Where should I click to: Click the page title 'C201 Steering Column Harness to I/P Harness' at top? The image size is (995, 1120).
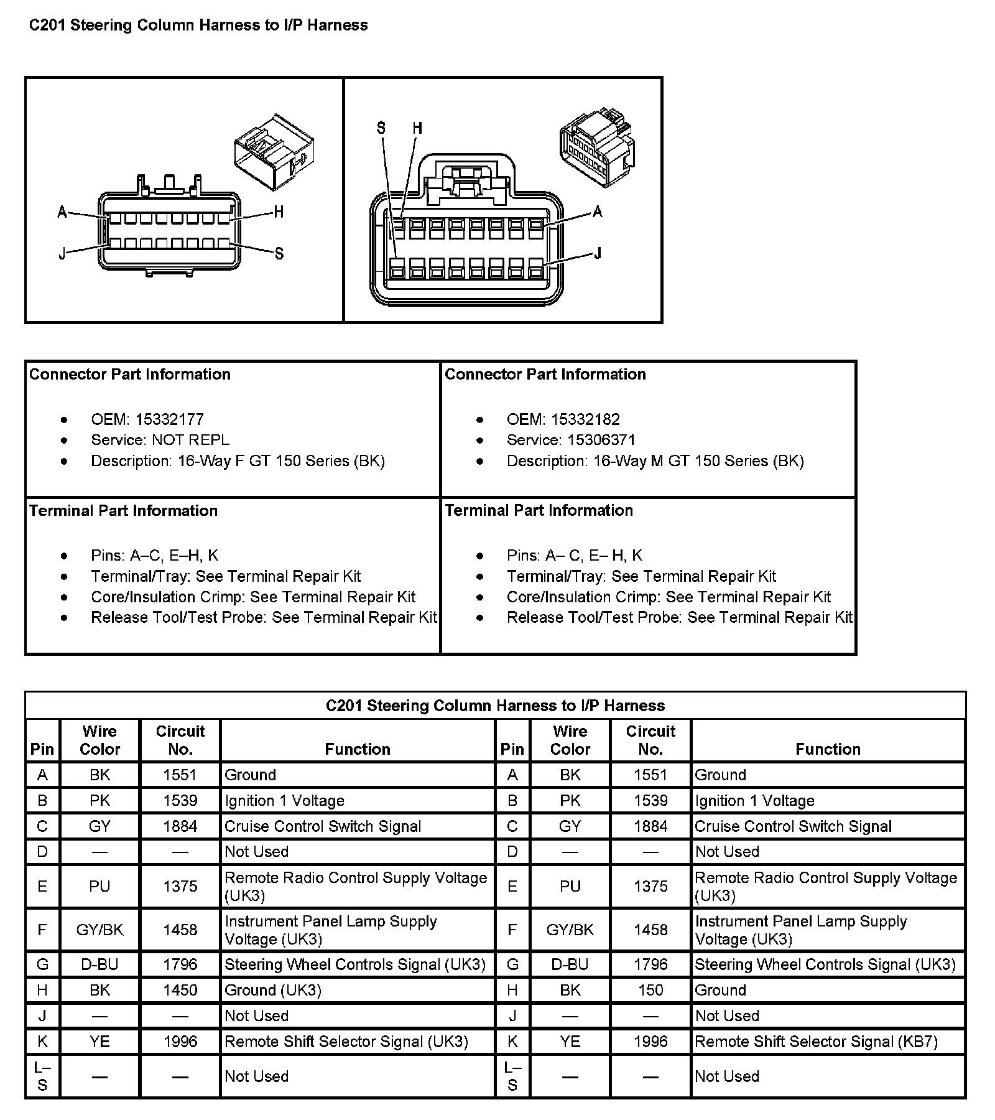point(198,26)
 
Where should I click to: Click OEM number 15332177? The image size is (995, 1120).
point(169,419)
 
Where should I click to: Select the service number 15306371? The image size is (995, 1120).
point(601,440)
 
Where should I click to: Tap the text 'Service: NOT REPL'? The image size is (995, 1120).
point(160,440)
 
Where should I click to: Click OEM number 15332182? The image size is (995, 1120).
point(585,419)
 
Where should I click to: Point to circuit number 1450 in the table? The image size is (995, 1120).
point(180,990)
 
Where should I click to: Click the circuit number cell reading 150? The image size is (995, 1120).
point(650,990)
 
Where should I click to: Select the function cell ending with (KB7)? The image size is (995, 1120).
point(816,1042)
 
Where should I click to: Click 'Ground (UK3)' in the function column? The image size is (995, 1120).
point(272,990)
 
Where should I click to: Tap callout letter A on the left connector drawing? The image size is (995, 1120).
point(62,213)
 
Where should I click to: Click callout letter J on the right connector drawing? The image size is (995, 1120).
point(598,253)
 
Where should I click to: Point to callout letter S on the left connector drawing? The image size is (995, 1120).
point(279,253)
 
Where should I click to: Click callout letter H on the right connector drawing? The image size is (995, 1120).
point(417,128)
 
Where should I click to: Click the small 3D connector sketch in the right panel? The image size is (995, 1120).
point(597,147)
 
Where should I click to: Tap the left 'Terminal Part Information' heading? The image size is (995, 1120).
point(123,511)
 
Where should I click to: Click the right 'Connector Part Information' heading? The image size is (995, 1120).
point(545,374)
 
